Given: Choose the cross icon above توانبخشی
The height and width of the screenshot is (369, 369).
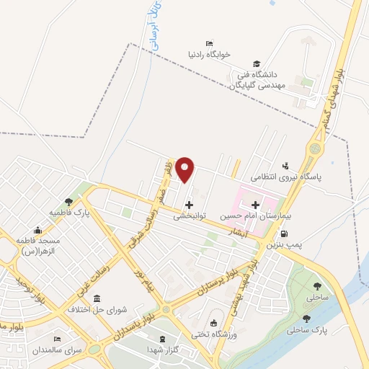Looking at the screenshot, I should [x=189, y=205].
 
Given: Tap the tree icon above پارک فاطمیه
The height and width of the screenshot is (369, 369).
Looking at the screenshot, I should [x=68, y=203].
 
